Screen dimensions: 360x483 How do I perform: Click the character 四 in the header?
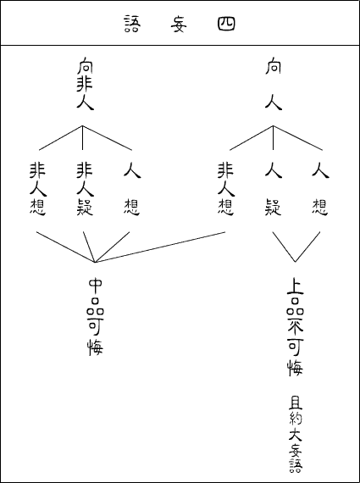click(x=226, y=24)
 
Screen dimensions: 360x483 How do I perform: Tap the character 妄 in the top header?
click(x=179, y=24)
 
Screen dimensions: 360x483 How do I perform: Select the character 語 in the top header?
click(x=132, y=24)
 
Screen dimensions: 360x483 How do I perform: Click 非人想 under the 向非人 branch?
click(x=38, y=189)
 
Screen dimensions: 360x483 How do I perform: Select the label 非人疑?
click(x=85, y=189)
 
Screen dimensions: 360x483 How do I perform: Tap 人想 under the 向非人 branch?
click(x=132, y=189)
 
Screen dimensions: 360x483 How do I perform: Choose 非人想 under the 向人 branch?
click(x=226, y=189)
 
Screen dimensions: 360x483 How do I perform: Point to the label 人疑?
click(x=274, y=189)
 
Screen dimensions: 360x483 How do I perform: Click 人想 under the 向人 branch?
click(x=320, y=189)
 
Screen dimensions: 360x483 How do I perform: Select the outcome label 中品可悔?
click(x=96, y=317)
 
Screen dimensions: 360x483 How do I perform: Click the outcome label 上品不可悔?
click(x=295, y=327)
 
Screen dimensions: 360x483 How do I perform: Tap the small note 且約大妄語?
click(x=296, y=435)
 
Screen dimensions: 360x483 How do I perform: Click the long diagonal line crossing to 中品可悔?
click(x=160, y=247)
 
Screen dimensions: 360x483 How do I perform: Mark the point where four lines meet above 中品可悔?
click(x=95, y=263)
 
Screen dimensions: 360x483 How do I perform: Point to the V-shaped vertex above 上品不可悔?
click(x=296, y=262)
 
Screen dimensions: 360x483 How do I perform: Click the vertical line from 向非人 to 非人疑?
click(x=82, y=137)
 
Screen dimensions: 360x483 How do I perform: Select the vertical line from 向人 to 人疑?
click(x=273, y=137)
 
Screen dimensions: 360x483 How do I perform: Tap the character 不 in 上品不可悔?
click(x=295, y=328)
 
